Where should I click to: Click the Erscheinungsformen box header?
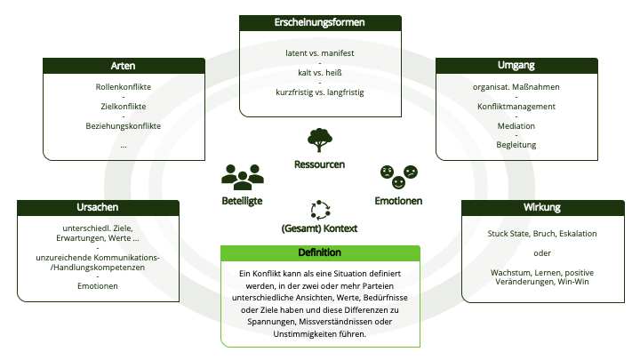pos(320,23)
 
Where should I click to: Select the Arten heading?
pos(123,66)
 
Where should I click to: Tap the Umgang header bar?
pos(516,66)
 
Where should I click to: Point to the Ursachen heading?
pos(98,207)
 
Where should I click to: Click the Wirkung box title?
pos(542,207)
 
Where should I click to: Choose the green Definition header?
pos(320,253)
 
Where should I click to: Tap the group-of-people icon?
pos(243,177)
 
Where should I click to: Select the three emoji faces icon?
pos(399,177)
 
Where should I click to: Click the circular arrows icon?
pos(320,210)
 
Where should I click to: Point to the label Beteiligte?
pos(242,201)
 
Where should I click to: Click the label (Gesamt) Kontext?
pos(319,228)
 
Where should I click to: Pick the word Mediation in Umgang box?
pos(516,126)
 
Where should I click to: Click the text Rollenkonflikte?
pos(124,87)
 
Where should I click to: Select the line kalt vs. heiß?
pos(320,73)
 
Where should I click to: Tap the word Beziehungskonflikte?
pos(124,126)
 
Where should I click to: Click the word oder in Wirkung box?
pos(542,253)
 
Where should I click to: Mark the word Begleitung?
pos(516,145)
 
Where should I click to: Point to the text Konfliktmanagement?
pos(516,107)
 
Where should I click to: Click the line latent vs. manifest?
pos(320,53)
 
